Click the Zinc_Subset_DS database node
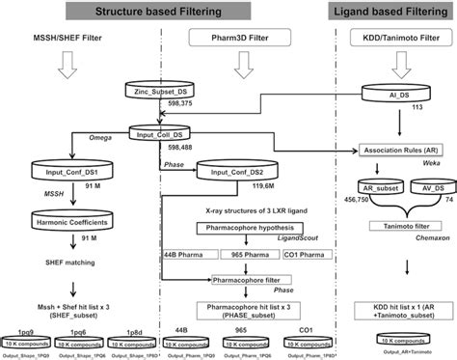click(x=153, y=90)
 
